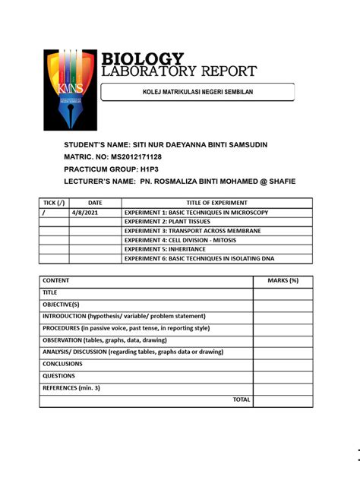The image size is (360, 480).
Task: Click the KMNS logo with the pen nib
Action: coord(70,90)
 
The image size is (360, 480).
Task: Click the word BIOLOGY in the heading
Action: coord(143,59)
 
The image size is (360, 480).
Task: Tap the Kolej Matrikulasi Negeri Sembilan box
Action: coord(197,93)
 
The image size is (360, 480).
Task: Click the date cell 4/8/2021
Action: coord(95,212)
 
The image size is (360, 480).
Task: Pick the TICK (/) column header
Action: coord(54,203)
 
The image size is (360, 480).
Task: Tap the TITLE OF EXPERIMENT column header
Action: coord(216,203)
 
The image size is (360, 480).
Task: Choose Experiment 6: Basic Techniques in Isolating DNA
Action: coord(200,258)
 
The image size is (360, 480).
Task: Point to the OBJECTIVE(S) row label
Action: coord(61,304)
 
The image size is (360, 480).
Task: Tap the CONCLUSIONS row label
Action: coord(62,364)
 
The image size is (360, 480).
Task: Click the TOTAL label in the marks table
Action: coord(242,399)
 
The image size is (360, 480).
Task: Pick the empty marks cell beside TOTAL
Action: coord(283,399)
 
